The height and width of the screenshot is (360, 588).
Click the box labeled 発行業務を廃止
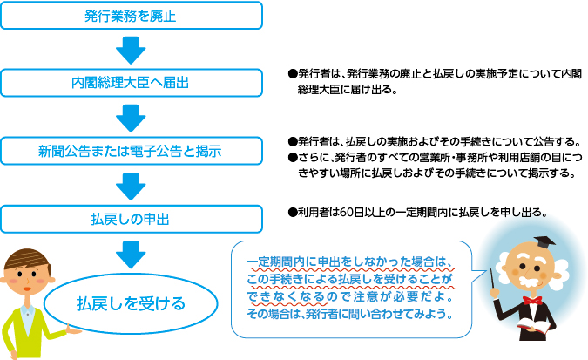(130, 16)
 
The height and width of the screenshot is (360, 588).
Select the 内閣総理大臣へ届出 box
(130, 83)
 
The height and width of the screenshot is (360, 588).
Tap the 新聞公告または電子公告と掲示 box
(130, 150)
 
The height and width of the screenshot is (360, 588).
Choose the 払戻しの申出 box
(130, 217)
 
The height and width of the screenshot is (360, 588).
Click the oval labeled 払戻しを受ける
(131, 303)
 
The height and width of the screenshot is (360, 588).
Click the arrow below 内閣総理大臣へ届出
(130, 116)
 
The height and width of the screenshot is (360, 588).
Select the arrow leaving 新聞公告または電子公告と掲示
(130, 183)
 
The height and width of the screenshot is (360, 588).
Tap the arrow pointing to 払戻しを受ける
(130, 253)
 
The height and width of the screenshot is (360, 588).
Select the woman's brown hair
(26, 262)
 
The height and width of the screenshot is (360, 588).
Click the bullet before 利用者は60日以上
(292, 212)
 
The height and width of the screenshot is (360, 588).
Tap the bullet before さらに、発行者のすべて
(292, 157)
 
